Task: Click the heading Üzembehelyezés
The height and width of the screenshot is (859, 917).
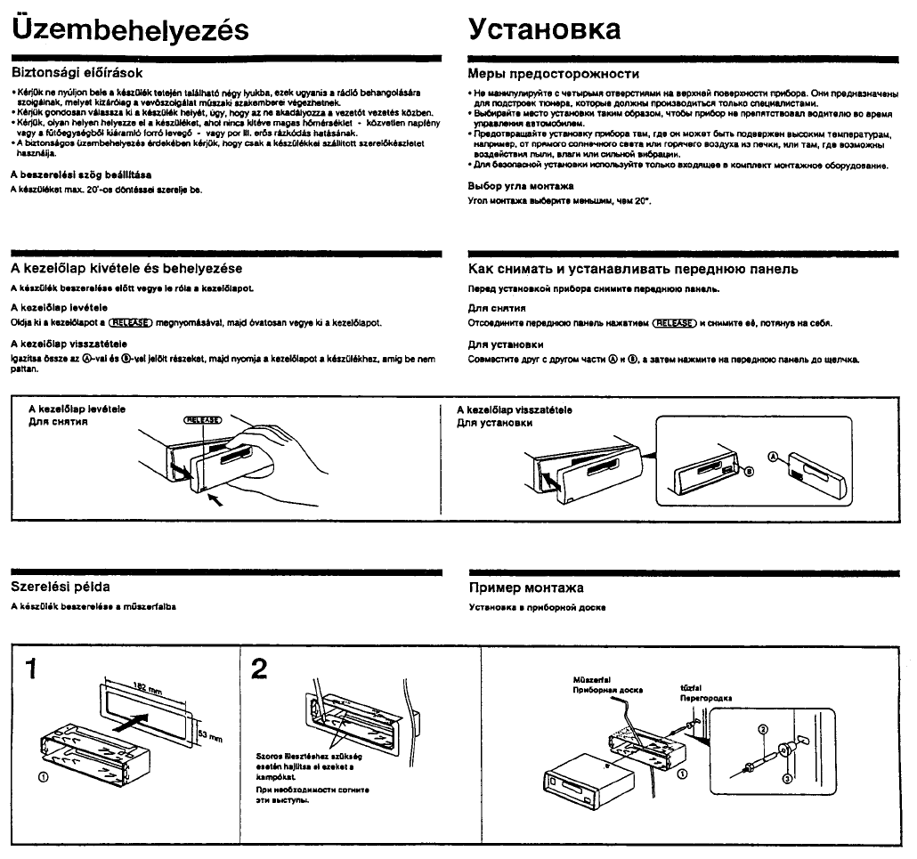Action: coord(129,29)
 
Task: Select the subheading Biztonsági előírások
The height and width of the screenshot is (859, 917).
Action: coord(77,72)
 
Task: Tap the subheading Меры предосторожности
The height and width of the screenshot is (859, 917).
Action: coord(554,73)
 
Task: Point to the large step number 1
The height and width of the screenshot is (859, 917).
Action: coord(32,668)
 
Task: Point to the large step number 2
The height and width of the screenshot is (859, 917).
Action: coord(259,668)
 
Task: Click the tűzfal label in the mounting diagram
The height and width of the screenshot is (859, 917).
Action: coord(690,688)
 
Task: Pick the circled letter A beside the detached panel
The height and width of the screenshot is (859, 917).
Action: coord(773,456)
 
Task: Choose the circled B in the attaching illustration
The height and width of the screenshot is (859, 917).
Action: coord(749,470)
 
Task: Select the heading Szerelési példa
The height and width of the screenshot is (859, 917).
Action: coord(61,588)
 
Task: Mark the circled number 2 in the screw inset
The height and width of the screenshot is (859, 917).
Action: coord(762,730)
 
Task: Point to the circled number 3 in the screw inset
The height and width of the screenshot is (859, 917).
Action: coord(786,777)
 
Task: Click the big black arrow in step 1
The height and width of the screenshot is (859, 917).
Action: coord(142,722)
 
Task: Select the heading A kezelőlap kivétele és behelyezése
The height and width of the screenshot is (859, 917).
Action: coord(126,268)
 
